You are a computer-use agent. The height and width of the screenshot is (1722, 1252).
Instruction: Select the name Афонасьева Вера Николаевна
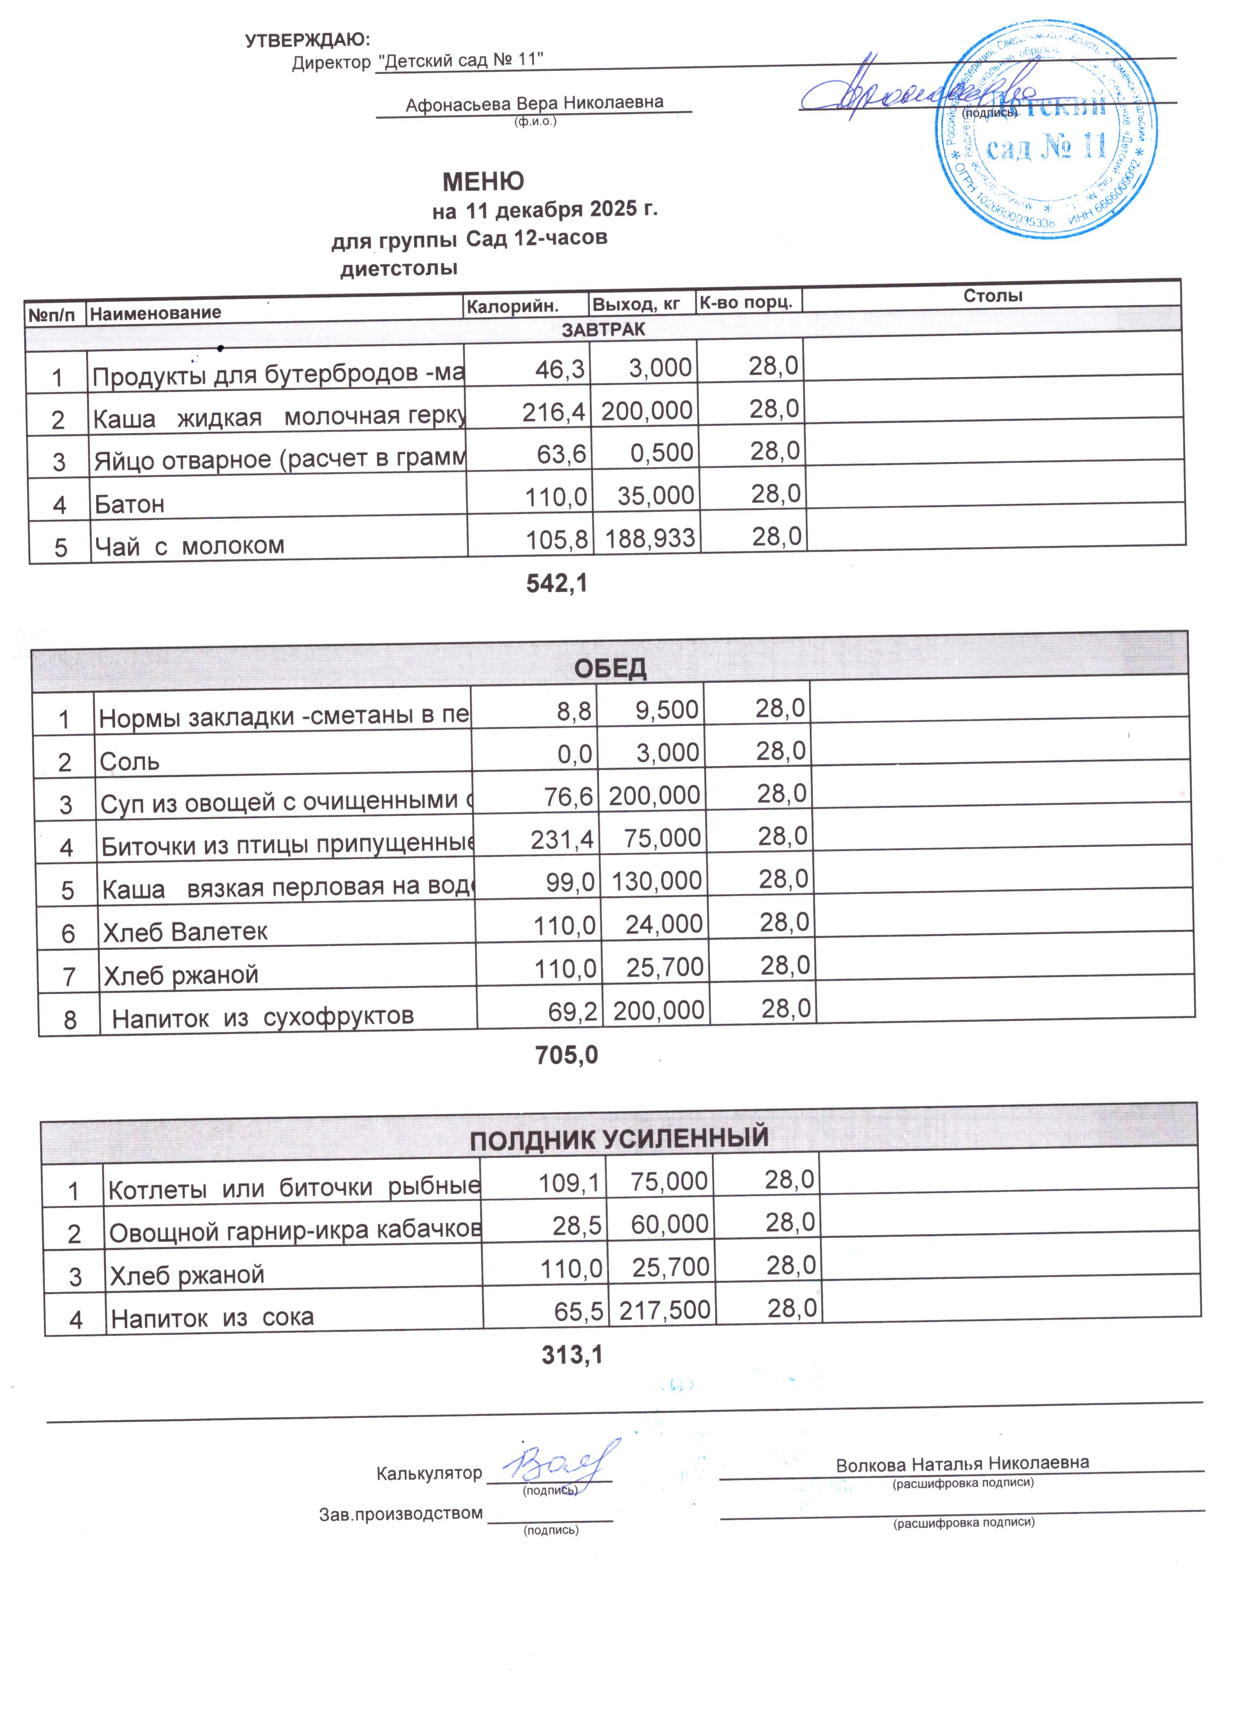[534, 103]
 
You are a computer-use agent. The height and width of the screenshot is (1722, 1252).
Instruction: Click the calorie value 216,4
[553, 412]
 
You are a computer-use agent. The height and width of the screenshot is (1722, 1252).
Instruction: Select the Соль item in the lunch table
[130, 761]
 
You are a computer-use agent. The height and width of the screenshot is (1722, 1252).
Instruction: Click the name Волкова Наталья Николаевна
[962, 1463]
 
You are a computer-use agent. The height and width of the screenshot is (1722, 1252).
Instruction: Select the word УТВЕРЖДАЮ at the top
[308, 40]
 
